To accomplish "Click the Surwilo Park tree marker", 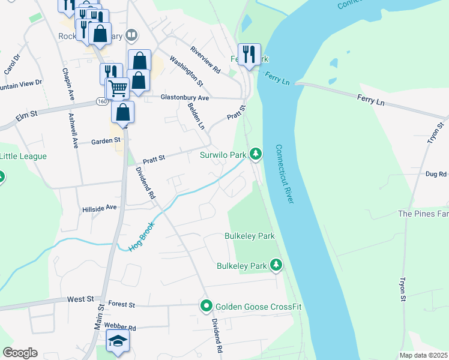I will point(256,155).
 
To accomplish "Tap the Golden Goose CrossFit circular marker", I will point(206,307).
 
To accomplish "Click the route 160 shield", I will point(103,103).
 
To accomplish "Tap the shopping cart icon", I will point(118,88).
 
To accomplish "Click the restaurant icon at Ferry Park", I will point(249,54).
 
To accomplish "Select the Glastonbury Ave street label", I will point(184,97).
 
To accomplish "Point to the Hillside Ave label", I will point(99,209).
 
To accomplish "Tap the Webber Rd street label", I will point(120,328).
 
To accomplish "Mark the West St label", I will point(81,298).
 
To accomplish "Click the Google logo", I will point(20,353).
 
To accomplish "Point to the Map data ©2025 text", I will point(423,355).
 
